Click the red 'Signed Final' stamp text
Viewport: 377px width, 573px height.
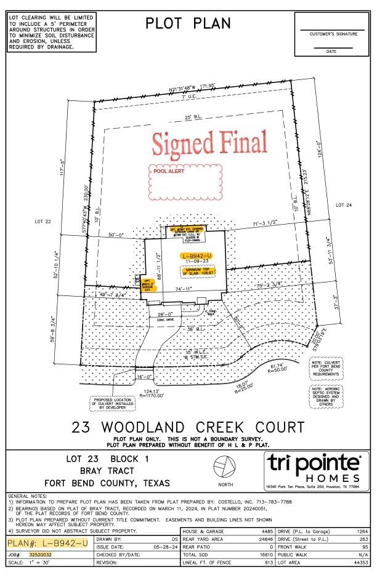pos(209,143)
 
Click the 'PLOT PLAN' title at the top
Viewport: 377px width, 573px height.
pos(188,23)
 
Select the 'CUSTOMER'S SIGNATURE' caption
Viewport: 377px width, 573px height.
pos(333,34)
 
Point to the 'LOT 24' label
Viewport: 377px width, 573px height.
pos(343,204)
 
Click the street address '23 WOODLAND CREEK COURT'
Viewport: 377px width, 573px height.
pos(188,427)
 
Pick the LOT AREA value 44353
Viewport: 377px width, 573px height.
pos(362,563)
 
